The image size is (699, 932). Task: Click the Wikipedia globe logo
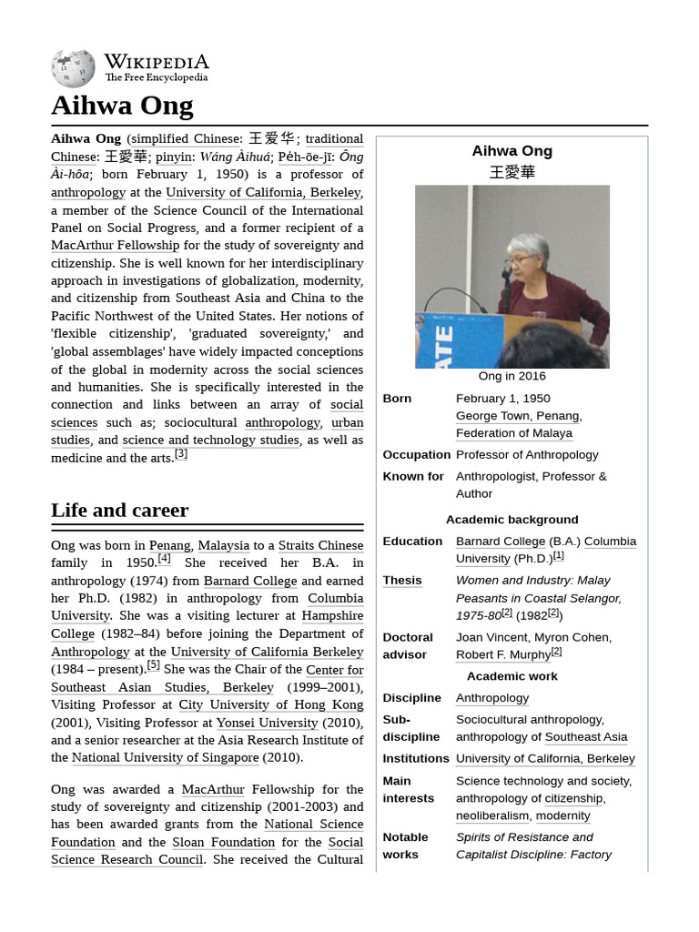[x=73, y=68]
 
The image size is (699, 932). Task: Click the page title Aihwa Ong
[x=122, y=106]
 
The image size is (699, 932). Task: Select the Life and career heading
[x=119, y=510]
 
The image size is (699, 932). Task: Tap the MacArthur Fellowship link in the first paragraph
[x=116, y=246]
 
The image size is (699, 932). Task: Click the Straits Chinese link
[x=320, y=545]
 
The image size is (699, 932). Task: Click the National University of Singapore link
[x=165, y=757]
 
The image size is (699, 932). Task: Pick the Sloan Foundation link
[x=224, y=842]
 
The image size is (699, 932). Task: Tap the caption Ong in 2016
[x=512, y=376]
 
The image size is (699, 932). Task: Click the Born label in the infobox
[x=397, y=399]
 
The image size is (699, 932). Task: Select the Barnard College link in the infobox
[x=500, y=541]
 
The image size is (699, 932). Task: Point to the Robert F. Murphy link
[x=502, y=654]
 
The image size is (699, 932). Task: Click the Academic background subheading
[x=512, y=520]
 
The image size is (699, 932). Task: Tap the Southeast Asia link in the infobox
[x=585, y=737]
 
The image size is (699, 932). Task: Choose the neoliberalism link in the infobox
[x=491, y=815]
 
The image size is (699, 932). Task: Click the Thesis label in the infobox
[x=402, y=580]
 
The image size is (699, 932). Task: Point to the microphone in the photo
[x=506, y=271]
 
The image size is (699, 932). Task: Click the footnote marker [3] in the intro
[x=180, y=454]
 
